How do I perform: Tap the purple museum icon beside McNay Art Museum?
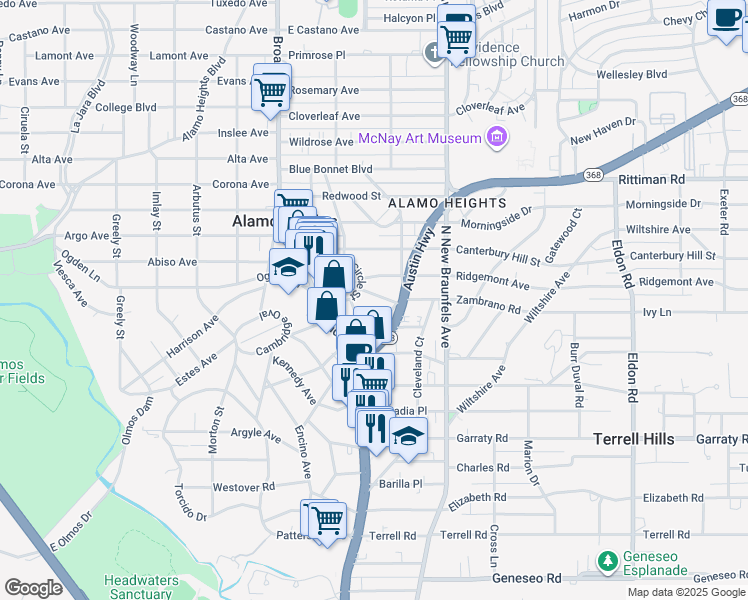pos(495,137)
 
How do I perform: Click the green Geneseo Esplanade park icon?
pos(606,562)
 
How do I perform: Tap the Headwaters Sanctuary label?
pos(140,587)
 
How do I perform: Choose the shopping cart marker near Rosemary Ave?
pos(272,90)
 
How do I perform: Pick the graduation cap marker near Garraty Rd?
pos(408,435)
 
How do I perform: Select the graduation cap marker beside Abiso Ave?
pos(287,267)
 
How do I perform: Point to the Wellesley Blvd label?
pos(631,74)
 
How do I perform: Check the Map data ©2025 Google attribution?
pos(685,592)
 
